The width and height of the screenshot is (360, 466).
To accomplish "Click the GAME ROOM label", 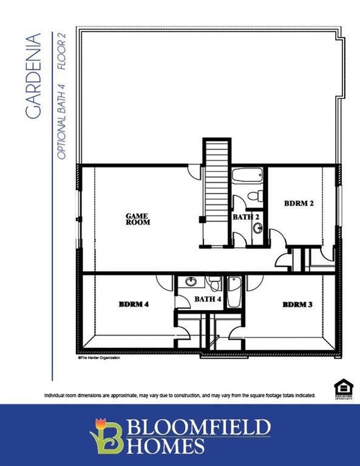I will pos(137,219).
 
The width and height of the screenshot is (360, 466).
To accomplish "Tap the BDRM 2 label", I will pos(299,203).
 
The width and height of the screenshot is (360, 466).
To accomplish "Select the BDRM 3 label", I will pos(297,304).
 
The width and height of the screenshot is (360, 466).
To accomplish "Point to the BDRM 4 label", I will pos(134,304).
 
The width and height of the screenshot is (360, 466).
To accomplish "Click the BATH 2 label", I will pos(246,217).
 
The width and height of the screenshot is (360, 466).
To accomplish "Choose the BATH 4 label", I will pos(208,299).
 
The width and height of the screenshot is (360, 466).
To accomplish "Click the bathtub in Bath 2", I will pos(248,176).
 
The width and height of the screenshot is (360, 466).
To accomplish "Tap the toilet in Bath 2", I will pos(256,195).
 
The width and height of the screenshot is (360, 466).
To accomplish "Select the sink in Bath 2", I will pos(257,228).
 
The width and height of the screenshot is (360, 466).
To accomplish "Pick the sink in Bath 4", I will pos(191,281).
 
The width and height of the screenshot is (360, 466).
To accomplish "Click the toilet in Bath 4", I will pos(214,282).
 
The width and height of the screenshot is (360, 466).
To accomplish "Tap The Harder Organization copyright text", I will pos(99,359).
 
